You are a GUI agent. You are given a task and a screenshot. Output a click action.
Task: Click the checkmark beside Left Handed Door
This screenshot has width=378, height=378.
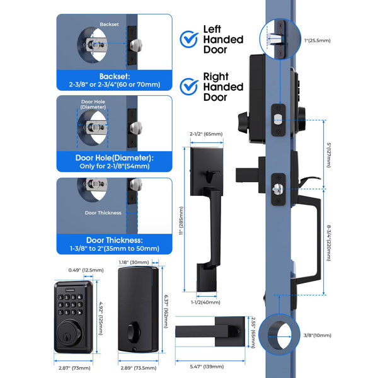click(189, 39)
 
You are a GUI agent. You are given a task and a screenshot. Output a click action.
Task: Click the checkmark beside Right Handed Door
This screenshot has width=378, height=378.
click(189, 86)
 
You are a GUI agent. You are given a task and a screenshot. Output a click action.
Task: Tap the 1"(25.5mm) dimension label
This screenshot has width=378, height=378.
click(318, 40)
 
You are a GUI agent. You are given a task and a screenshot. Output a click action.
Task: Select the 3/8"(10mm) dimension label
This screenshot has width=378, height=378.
click(318, 335)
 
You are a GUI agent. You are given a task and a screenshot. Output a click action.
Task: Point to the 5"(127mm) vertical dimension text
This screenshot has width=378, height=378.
click(328, 155)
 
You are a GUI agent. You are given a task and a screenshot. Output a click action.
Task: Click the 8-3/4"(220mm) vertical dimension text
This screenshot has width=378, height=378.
click(329, 243)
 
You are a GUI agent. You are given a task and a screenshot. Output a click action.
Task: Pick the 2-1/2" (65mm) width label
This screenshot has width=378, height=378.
click(206, 134)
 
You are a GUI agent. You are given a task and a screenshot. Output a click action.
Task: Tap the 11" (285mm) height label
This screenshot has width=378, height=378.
click(181, 220)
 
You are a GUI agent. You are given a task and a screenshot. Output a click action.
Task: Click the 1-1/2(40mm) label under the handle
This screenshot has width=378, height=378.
click(205, 302)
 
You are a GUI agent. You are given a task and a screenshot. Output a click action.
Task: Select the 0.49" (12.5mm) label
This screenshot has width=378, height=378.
click(86, 270)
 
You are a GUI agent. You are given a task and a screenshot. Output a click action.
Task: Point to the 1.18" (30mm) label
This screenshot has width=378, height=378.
click(134, 262)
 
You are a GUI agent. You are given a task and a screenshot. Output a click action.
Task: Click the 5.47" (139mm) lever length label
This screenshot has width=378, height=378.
click(207, 367)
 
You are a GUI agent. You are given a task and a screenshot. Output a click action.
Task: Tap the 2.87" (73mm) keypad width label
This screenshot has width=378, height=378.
click(74, 368)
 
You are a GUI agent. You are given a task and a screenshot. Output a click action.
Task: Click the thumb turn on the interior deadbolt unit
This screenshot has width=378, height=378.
click(133, 333)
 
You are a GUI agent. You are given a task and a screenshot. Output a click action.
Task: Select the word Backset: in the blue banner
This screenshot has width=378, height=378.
click(115, 76)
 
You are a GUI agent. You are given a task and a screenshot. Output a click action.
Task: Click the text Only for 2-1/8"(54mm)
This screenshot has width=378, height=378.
click(115, 166)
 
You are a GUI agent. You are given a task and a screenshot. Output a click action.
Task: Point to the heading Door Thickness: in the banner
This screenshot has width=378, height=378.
click(115, 240)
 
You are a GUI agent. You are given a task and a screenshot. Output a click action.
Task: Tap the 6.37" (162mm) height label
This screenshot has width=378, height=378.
click(166, 311)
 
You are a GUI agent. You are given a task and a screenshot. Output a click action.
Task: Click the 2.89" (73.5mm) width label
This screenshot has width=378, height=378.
click(139, 368)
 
